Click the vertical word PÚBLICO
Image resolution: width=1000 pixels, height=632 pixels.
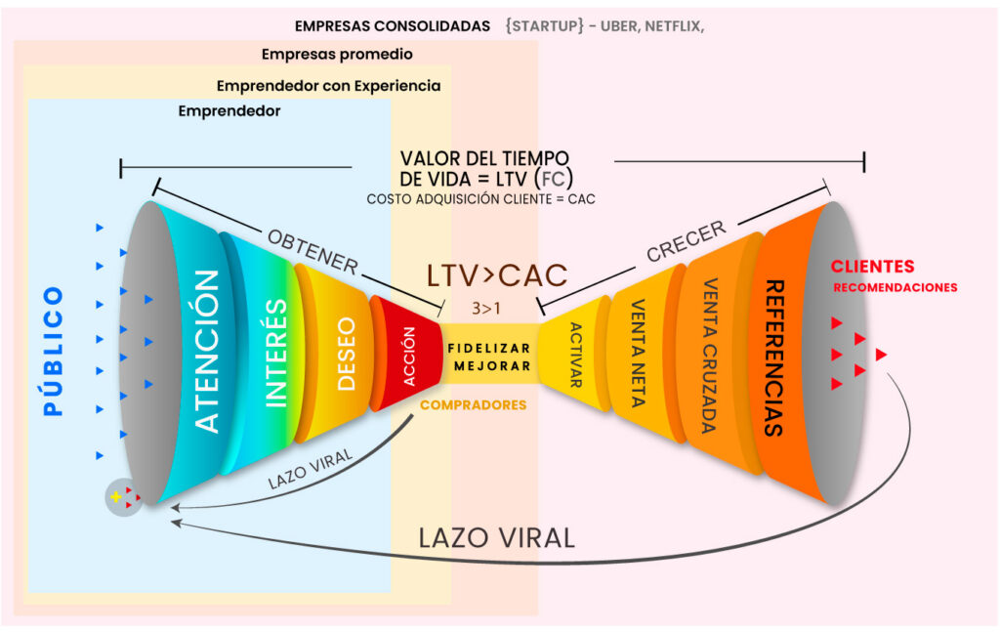(x=54, y=351)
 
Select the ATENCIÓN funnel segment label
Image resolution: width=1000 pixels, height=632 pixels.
(x=207, y=351)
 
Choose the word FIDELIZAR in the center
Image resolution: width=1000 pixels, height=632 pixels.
(x=489, y=349)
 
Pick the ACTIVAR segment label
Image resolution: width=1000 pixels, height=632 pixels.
(x=575, y=356)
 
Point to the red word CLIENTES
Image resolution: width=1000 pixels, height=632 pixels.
(x=872, y=267)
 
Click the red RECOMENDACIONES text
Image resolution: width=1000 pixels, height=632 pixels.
(x=895, y=288)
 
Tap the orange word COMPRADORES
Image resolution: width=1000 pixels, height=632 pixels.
(x=473, y=404)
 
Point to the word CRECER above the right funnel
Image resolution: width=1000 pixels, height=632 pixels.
(x=687, y=241)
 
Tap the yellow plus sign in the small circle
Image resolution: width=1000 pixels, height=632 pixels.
(x=117, y=497)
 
